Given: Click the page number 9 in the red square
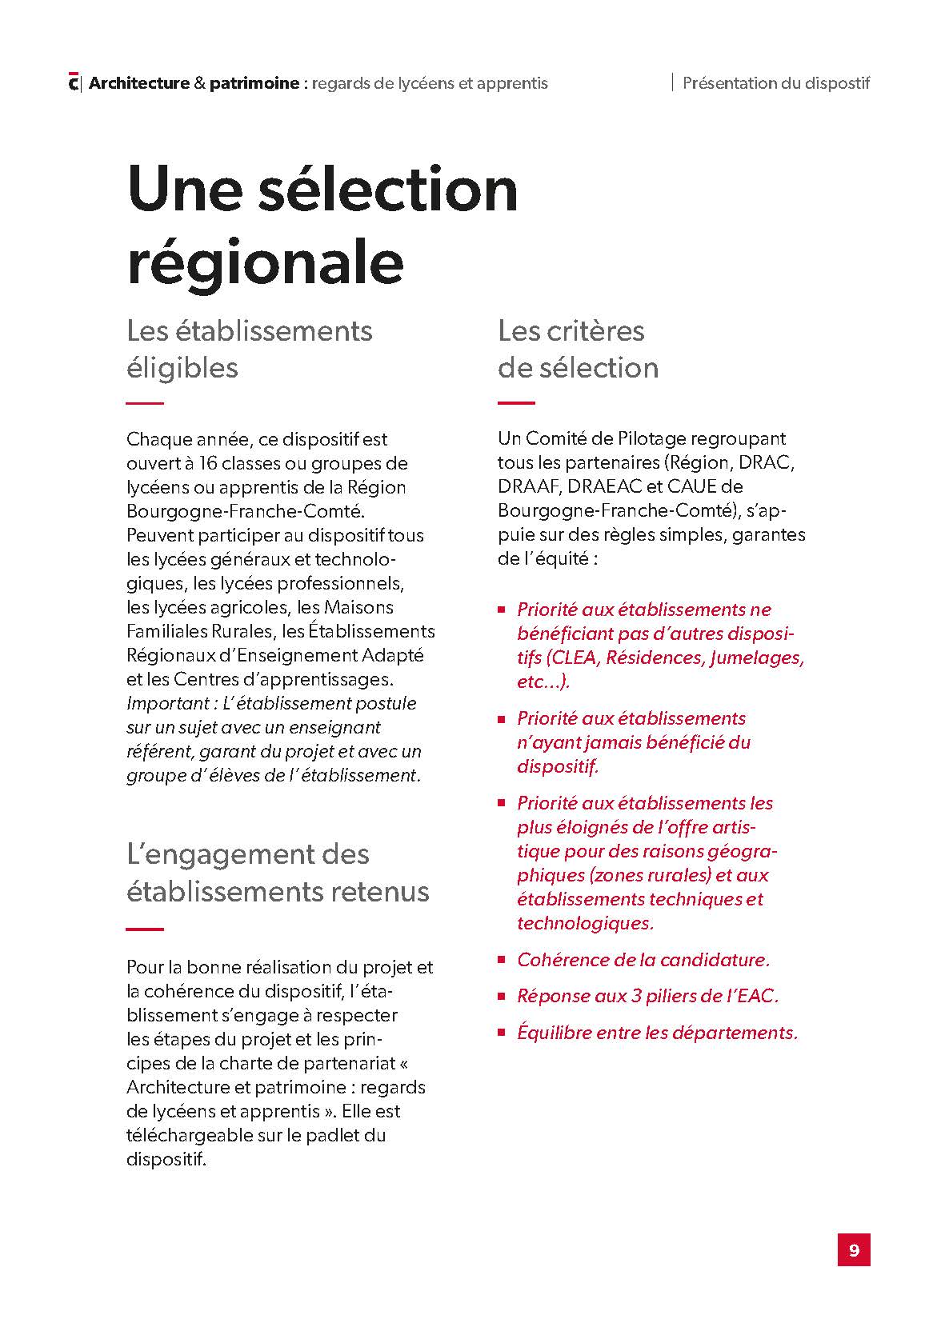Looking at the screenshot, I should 853,1249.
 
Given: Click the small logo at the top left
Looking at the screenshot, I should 74,82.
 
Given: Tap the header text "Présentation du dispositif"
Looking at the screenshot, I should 775,82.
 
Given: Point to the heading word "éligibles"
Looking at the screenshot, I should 182,368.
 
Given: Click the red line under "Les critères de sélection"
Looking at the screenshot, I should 516,403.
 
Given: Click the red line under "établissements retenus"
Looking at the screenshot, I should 145,929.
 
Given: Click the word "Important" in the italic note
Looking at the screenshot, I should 163,703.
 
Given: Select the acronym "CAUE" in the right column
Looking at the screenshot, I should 688,486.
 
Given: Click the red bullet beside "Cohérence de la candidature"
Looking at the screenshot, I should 502,959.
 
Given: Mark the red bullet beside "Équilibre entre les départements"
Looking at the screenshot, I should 502,1032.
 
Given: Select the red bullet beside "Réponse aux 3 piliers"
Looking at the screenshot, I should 502,996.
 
